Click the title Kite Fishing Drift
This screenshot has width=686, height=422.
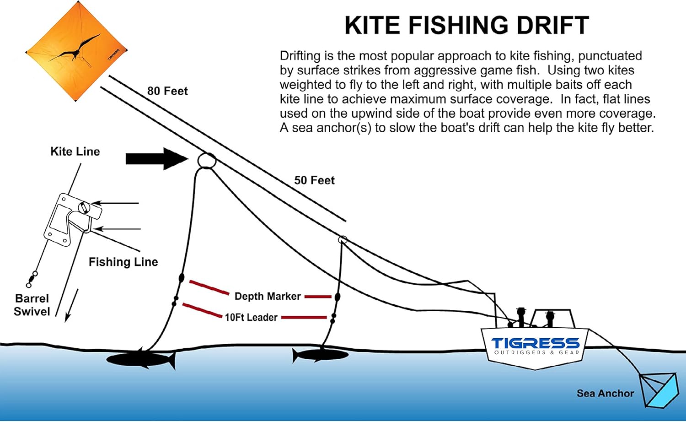pyautogui.click(x=466, y=25)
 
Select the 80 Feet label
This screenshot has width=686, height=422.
pyautogui.click(x=167, y=91)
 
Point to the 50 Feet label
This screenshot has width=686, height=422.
pyautogui.click(x=314, y=180)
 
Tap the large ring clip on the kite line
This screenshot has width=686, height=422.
pyautogui.click(x=206, y=160)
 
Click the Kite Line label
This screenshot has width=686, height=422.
pyautogui.click(x=75, y=151)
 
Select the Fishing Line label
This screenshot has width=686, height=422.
pyautogui.click(x=123, y=262)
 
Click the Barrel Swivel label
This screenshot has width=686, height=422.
pyautogui.click(x=32, y=305)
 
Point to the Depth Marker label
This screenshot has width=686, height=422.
pyautogui.click(x=268, y=296)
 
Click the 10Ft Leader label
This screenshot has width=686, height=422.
pyautogui.click(x=251, y=317)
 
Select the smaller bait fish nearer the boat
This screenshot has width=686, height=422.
pyautogui.click(x=320, y=355)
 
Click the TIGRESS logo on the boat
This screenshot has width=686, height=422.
pyautogui.click(x=535, y=343)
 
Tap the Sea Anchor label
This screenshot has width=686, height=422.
pyautogui.click(x=605, y=393)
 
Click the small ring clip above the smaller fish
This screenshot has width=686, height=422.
pyautogui.click(x=342, y=240)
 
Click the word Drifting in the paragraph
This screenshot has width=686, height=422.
pyautogui.click(x=300, y=56)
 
